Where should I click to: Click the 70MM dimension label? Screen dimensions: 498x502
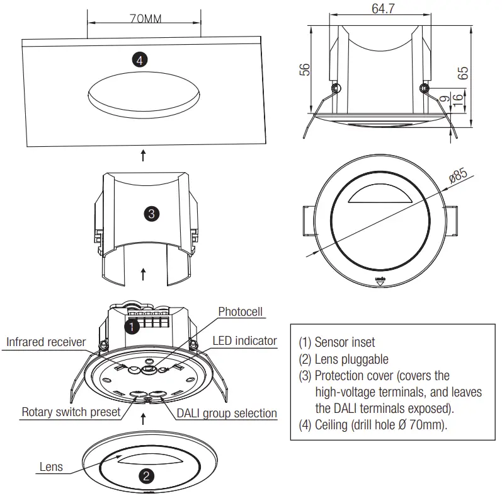pos(145,18)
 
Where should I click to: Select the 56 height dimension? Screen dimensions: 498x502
pos(304,69)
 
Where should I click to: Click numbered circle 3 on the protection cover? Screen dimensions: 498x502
pos(151,214)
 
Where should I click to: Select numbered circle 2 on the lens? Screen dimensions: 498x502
pos(145,476)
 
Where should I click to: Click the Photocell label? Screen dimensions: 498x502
pos(240,311)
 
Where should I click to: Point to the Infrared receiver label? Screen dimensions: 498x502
pos(46,342)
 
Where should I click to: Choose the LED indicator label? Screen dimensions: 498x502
pos(244,340)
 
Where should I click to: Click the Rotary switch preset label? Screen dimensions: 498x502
pos(71,412)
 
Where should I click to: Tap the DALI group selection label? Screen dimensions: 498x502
pos(226,413)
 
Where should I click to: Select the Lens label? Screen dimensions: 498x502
pos(51,466)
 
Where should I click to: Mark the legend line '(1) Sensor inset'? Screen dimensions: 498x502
pos(337,342)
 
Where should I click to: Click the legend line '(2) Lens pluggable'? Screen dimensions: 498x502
pos(343,359)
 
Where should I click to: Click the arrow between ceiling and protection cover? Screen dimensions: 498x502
pos(144,154)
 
